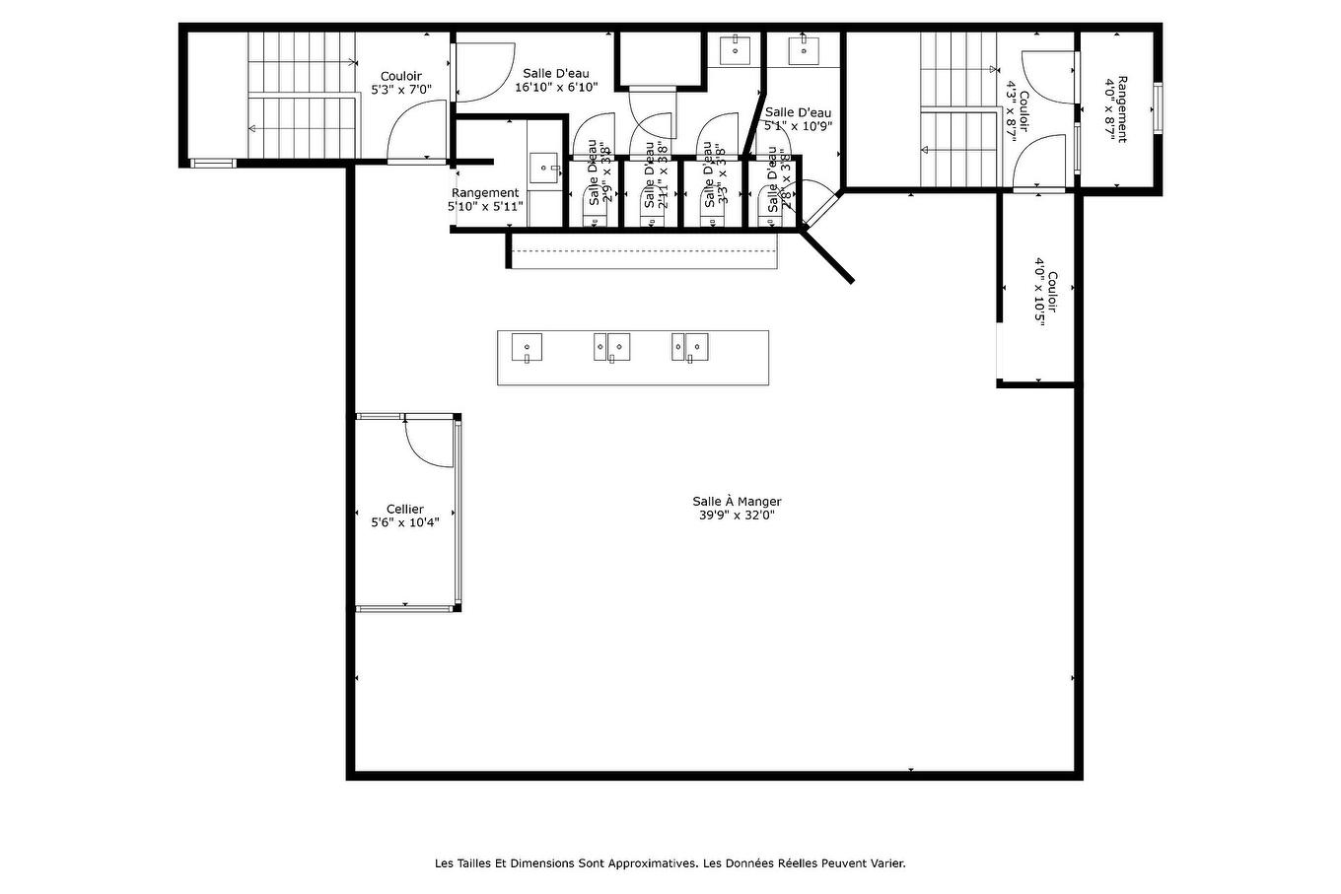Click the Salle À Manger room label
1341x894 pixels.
coord(737,501)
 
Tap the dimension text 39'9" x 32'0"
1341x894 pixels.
coord(737,515)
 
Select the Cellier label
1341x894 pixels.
coord(404,509)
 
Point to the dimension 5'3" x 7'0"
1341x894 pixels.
coord(401,89)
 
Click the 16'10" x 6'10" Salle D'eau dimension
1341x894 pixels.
coord(556,87)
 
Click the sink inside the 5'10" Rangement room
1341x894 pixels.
coord(544,169)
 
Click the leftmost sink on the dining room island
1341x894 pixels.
coord(527,348)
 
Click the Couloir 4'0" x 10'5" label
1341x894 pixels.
coord(1046,299)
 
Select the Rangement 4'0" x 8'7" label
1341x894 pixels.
coord(1115,108)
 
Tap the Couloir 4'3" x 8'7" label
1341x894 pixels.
coord(1017,116)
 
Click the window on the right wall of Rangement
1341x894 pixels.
coord(1159,107)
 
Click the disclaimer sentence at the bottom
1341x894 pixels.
coord(670,863)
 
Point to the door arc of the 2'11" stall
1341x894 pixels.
coord(652,125)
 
